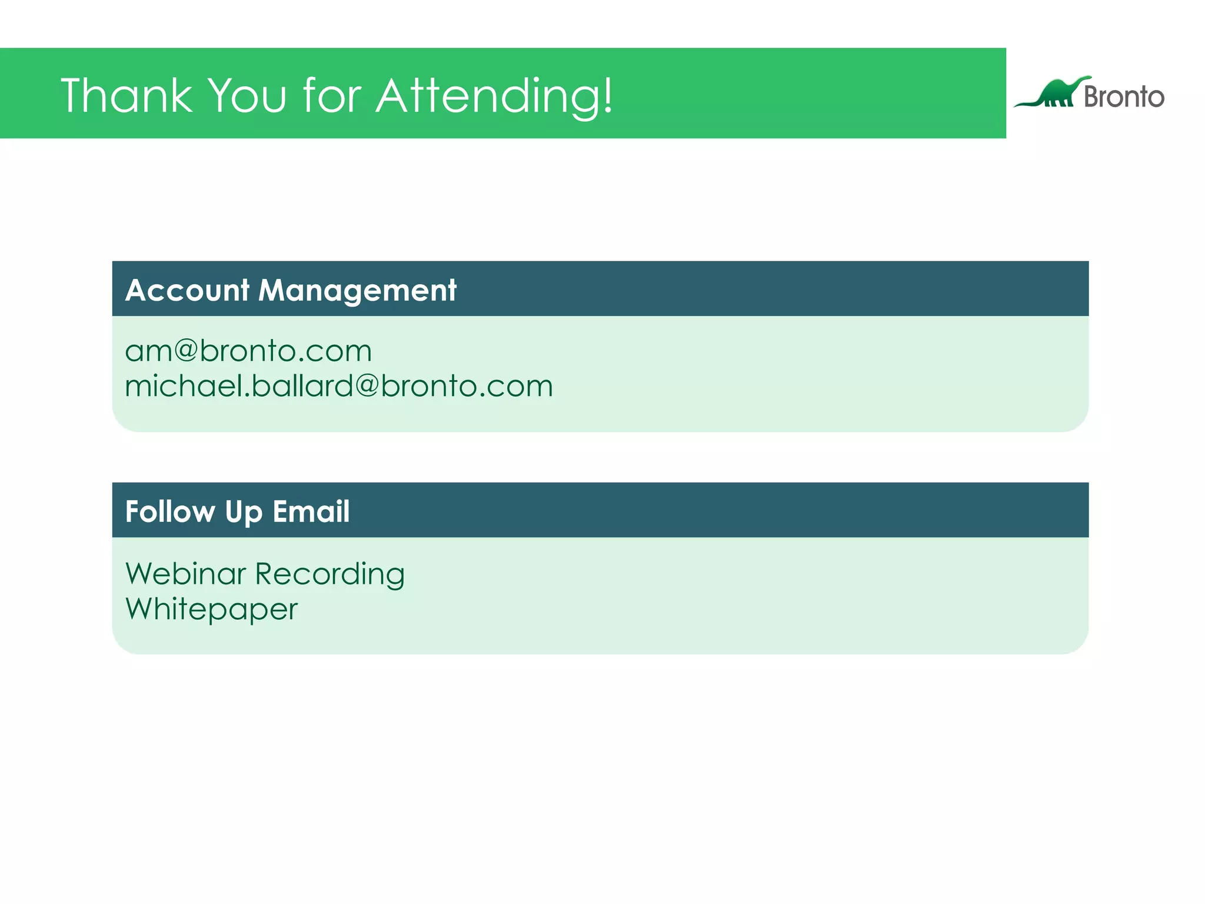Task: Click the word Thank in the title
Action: pos(127,95)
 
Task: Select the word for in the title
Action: pos(332,95)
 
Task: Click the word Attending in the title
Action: pos(486,97)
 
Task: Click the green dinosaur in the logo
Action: pos(1056,93)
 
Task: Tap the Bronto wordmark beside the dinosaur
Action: pos(1124,97)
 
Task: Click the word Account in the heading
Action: pos(187,290)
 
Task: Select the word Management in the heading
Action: pos(357,291)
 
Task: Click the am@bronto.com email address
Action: pos(248,351)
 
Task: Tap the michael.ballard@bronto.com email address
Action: pos(339,387)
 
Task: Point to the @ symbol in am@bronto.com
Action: pos(185,351)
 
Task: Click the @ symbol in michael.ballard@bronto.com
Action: pos(366,386)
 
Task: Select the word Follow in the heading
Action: pos(170,511)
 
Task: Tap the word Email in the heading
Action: pos(311,511)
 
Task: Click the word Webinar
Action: pos(185,574)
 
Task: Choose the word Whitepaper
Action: pos(211,610)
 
